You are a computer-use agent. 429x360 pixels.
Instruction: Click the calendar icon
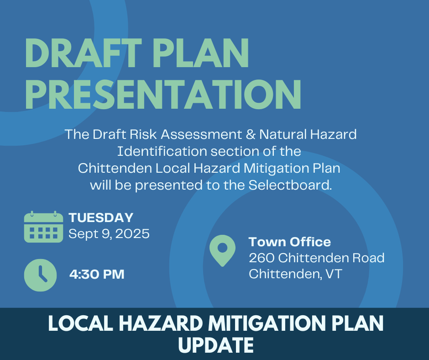43,227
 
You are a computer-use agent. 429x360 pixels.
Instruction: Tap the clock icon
41,275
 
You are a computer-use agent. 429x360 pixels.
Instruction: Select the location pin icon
222,250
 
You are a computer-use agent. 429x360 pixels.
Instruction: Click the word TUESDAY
101,218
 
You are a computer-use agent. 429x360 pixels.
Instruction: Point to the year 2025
132,234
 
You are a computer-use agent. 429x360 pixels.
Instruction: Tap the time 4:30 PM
97,274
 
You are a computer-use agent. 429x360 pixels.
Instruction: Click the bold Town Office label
290,242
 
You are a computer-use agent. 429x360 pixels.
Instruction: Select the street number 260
262,258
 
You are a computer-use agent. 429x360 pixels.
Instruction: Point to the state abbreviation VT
334,274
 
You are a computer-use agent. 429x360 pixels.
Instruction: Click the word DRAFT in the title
84,53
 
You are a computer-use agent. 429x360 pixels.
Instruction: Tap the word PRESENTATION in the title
163,95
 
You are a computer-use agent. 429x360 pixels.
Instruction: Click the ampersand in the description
251,134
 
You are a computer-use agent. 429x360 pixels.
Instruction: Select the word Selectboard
290,185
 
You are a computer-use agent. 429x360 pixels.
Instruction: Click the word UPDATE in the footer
216,345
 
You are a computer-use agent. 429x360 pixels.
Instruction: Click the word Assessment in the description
201,134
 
